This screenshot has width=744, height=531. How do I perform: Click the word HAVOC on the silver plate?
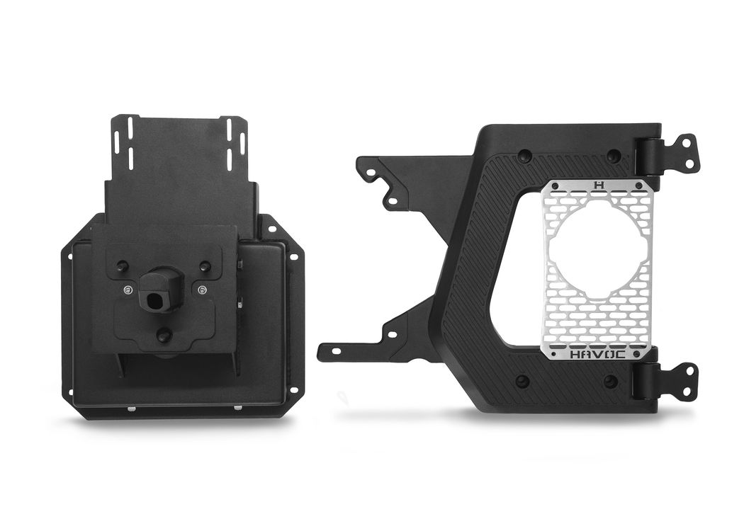pyautogui.click(x=597, y=355)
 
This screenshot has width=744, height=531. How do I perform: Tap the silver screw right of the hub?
pyautogui.click(x=203, y=289)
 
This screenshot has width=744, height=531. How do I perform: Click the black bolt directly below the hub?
pyautogui.click(x=162, y=334)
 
